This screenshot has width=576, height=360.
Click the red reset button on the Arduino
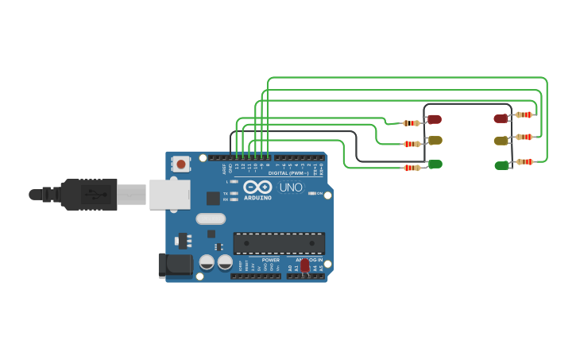[181, 165]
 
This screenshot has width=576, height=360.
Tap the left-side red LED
[434, 119]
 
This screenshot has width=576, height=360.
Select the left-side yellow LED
[435, 140]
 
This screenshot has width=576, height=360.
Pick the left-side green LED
[435, 164]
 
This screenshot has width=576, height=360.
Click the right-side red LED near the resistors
[501, 118]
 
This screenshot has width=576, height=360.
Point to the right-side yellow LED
[501, 141]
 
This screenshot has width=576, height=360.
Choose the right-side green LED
[501, 165]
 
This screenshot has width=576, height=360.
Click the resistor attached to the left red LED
[412, 123]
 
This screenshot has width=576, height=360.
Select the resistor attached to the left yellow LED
[412, 144]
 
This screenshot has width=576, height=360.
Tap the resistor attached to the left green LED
[412, 168]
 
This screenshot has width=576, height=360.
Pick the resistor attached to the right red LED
[524, 114]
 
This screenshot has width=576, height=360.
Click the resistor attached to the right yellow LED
[524, 137]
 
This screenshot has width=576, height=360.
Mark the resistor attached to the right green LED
[524, 161]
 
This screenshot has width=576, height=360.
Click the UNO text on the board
[291, 188]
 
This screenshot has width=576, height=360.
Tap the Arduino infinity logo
[263, 187]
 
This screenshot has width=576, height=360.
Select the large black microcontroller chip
[279, 243]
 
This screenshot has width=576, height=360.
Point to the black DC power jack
[175, 265]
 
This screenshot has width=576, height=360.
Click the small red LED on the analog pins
[305, 266]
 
